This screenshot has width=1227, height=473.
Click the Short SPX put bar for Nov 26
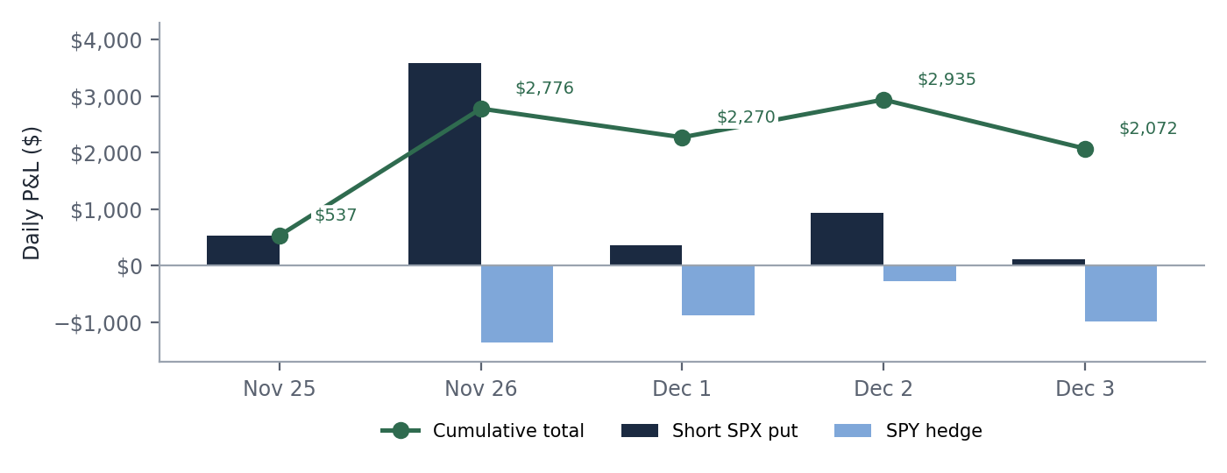(x=445, y=165)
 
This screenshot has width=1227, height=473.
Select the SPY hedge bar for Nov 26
(x=517, y=304)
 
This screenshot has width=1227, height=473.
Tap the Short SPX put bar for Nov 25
(x=244, y=251)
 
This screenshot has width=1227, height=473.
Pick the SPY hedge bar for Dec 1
(x=718, y=290)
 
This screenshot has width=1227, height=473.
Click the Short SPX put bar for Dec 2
(x=847, y=239)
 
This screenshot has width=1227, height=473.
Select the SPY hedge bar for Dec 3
(x=1121, y=293)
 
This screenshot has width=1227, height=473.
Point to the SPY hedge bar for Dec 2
(x=919, y=273)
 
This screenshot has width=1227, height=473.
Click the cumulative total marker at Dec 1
(x=682, y=138)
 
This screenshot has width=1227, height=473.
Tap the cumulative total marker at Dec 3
(x=1085, y=150)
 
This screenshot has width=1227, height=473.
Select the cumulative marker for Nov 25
(x=280, y=236)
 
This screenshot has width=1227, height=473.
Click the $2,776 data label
(x=544, y=88)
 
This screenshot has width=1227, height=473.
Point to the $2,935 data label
(x=947, y=80)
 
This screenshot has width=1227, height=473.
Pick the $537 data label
(x=336, y=215)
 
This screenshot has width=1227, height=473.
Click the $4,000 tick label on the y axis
(x=106, y=40)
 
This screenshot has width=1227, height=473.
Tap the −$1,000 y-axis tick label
(x=98, y=323)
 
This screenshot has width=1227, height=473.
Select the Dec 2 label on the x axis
(x=883, y=389)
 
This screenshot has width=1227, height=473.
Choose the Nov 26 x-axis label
(x=480, y=389)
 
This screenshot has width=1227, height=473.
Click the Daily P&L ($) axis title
(x=32, y=194)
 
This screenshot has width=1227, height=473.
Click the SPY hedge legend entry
(x=908, y=431)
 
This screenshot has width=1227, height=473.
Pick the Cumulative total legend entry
(x=483, y=431)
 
